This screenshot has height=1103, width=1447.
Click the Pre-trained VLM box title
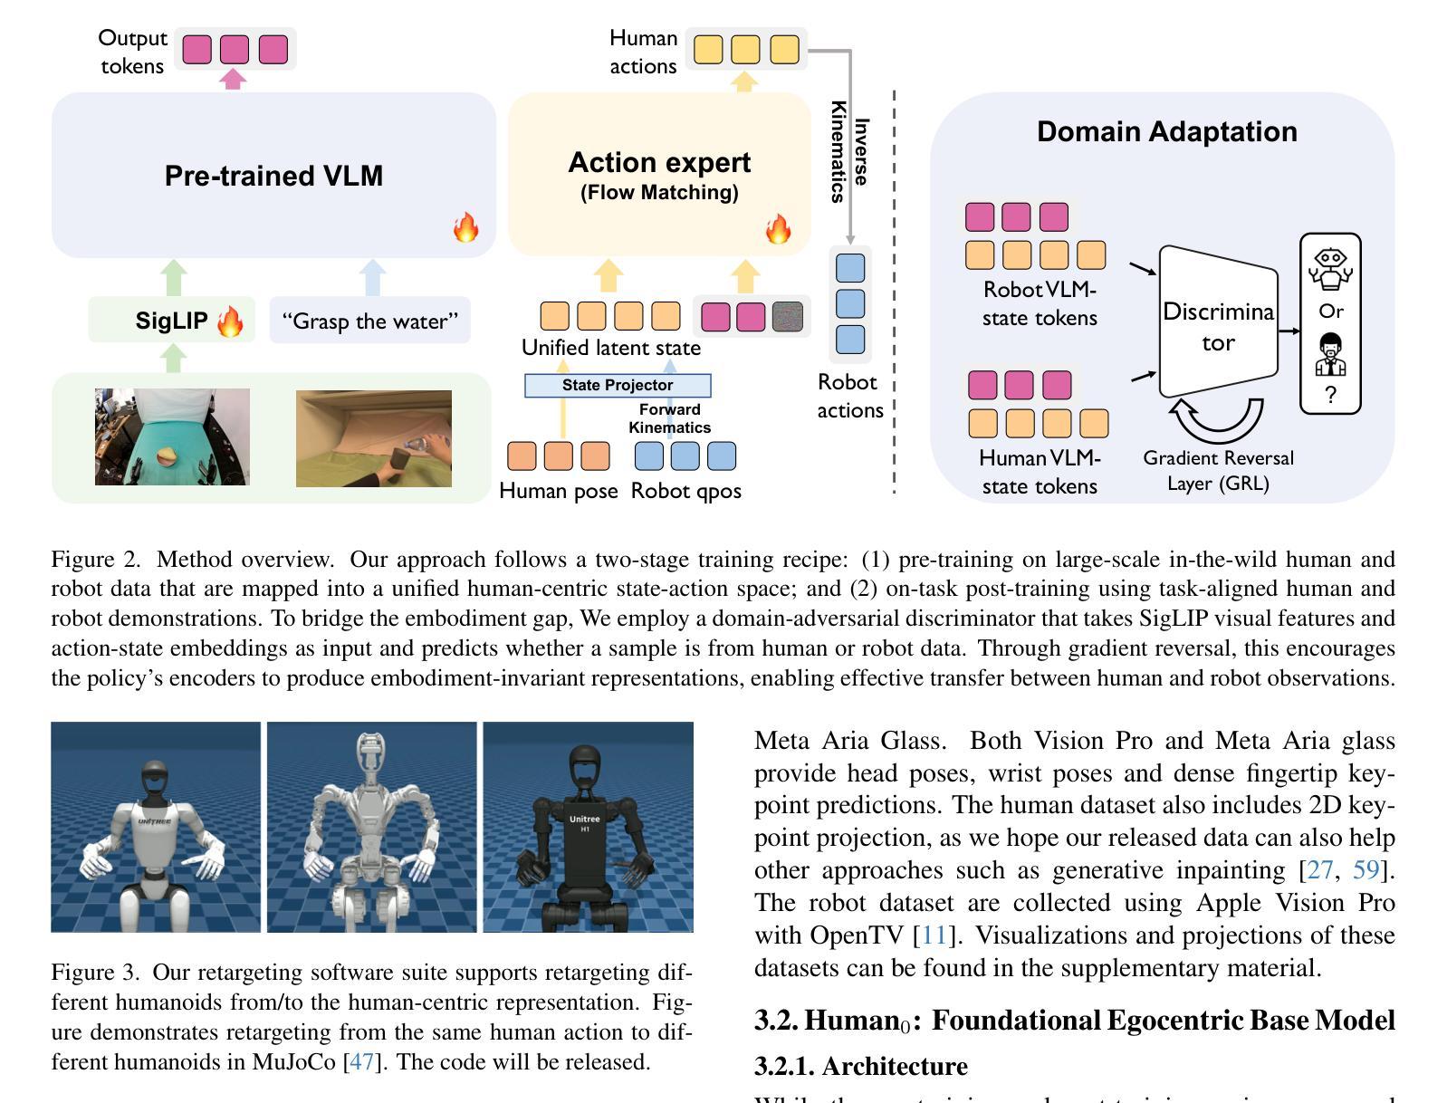273,176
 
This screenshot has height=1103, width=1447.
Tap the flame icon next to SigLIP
230,321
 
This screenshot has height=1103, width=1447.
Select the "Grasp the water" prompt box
369,321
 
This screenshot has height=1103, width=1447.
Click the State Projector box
618,385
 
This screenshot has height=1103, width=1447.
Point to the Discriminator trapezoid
1218,326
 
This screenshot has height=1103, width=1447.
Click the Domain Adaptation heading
1166,131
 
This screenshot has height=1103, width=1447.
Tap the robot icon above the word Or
1330,269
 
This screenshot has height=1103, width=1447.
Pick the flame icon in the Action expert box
778,228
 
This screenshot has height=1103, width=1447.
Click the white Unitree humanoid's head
155,779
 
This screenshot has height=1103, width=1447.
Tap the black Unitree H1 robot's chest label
585,823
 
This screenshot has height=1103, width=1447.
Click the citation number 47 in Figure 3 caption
361,1061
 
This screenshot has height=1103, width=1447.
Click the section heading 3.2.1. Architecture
860,1066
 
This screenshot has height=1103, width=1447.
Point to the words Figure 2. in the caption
96,559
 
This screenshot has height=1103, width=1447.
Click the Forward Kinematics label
670,418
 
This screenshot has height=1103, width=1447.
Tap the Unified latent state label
610,348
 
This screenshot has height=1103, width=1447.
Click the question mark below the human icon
1330,395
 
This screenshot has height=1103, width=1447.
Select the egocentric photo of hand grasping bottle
373,438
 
